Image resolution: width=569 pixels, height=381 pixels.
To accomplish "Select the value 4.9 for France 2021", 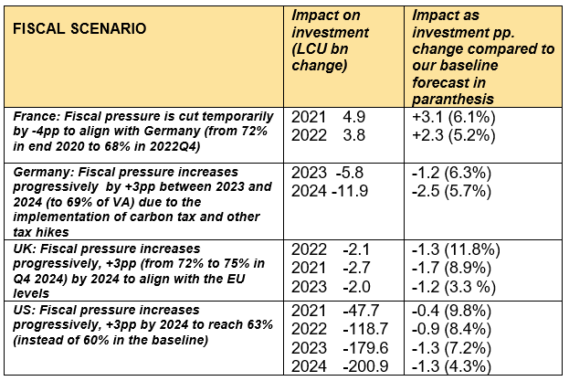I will [x=353, y=118].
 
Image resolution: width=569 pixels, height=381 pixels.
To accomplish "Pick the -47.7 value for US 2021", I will [x=354, y=312].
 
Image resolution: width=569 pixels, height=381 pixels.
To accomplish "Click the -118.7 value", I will [x=352, y=329].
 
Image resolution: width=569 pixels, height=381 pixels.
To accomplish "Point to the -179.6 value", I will [x=352, y=346].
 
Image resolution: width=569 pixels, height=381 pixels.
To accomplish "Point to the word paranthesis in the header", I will [x=452, y=98].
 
